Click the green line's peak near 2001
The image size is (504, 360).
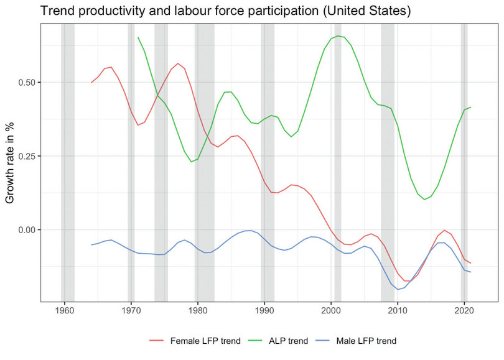[x=338, y=36]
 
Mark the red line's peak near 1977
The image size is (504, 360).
[x=178, y=63]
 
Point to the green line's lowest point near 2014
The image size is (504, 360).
[x=424, y=200]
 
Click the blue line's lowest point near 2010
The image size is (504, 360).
[x=398, y=289]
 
